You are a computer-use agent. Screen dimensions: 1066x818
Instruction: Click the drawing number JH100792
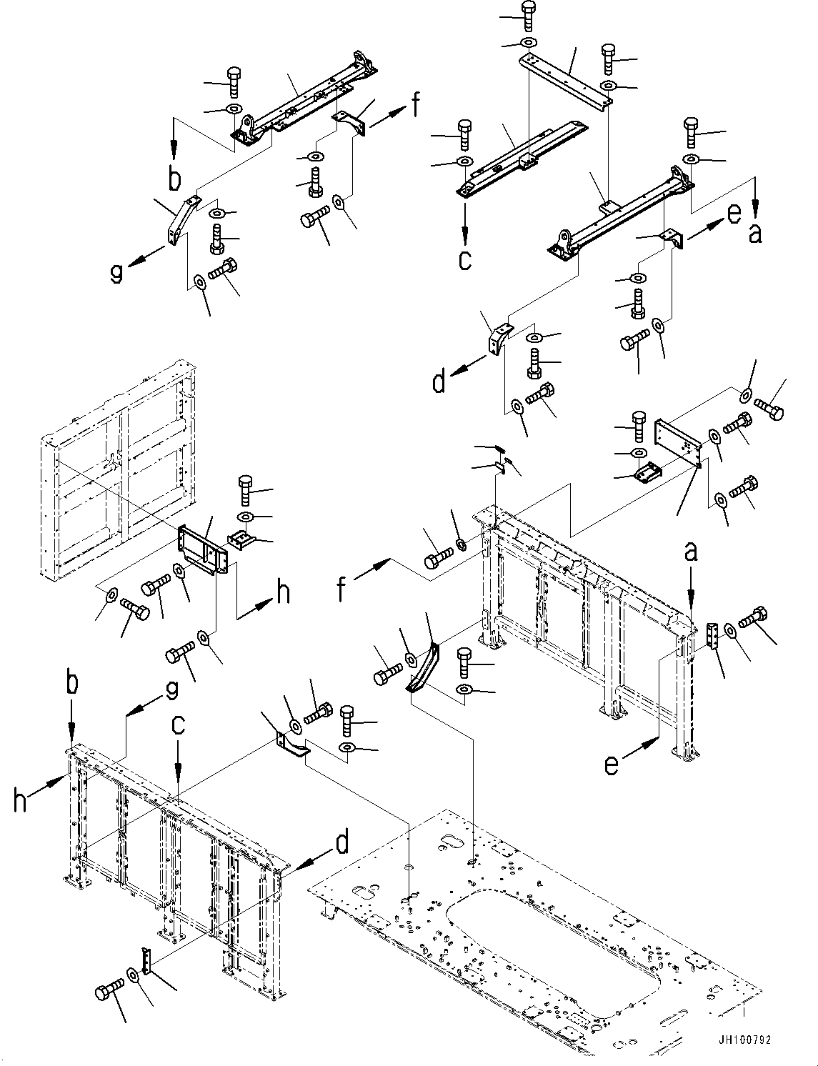click(x=746, y=1041)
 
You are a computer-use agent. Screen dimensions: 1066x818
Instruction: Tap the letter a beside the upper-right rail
click(x=754, y=232)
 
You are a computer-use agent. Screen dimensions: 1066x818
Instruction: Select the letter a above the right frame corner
click(x=691, y=552)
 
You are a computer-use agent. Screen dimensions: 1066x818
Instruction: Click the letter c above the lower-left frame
click(x=178, y=724)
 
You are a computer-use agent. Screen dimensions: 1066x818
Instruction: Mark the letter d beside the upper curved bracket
click(x=439, y=382)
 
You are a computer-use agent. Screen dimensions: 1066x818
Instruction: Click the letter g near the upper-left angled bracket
click(x=116, y=272)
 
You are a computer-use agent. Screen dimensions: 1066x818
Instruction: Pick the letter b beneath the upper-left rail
click(x=174, y=179)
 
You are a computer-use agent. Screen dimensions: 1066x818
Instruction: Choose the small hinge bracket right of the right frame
click(x=712, y=636)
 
